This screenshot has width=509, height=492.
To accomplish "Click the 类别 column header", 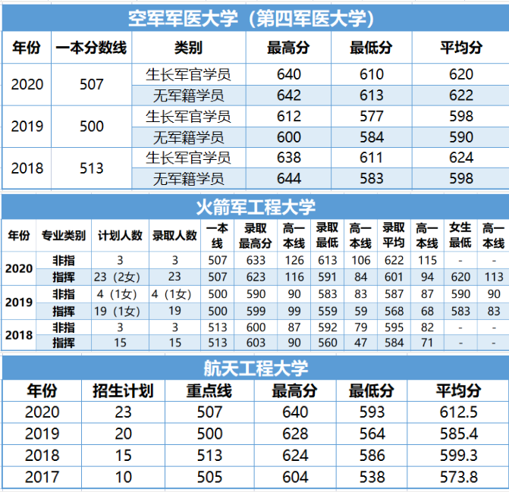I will pos(188,48).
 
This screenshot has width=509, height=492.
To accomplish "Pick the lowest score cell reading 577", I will pos(371,116).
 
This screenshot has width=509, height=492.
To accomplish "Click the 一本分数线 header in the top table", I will pos(91,48).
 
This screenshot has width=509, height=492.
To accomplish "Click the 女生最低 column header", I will pos(460,235).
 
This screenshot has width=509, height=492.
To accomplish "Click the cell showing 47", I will pos(360,343).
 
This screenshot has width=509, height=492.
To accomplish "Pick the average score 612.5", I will pos(457,412).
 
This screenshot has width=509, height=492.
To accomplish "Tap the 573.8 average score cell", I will pos(457,477).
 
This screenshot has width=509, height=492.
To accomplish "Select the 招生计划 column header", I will pos(123,391).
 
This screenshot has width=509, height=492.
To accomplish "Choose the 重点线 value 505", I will pos(205,477).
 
